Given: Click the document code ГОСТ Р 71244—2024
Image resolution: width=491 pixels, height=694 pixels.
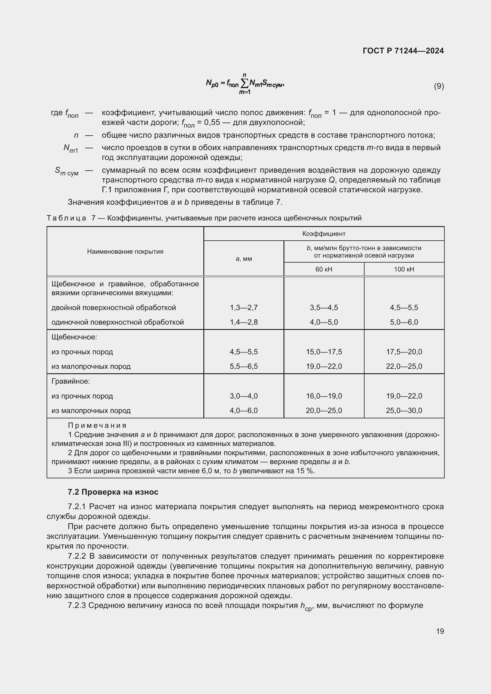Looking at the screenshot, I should tap(403, 51).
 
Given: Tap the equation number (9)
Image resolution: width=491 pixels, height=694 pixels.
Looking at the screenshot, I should tap(439, 86).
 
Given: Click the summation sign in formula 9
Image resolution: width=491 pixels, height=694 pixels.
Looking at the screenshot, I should tap(244, 83).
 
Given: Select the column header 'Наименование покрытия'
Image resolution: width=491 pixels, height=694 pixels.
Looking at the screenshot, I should tap(125, 252).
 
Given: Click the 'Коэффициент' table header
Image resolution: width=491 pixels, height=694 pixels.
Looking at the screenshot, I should tap(324, 234).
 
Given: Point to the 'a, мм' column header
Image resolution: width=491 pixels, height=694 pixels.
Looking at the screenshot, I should tap(244, 259).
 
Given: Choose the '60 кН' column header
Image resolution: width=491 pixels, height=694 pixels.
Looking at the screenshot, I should tap(324, 269).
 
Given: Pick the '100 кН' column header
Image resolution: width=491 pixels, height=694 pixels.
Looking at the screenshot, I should tap(404, 269).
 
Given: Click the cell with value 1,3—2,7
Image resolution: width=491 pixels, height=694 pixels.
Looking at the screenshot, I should tap(244, 308).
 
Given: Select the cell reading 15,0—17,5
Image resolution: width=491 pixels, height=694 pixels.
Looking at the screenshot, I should tap(324, 352).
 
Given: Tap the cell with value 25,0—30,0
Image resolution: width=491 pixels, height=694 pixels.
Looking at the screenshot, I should tap(404, 410).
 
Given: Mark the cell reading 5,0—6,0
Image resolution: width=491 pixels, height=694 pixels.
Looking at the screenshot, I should tap(404, 322).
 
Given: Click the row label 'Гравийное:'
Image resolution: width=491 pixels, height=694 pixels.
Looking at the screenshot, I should tap(71, 381).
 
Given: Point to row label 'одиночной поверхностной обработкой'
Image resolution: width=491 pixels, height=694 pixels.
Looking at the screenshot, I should tap(118, 322).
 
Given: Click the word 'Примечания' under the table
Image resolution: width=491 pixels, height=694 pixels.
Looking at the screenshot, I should tap(97, 425).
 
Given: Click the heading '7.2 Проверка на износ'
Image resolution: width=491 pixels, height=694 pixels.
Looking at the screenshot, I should tap(113, 492).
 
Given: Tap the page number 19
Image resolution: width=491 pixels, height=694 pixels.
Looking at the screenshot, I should tap(440, 631).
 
